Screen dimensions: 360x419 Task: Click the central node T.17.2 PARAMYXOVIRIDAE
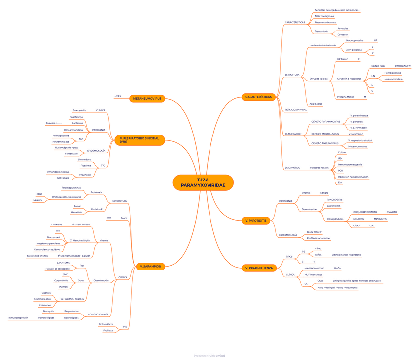[203, 182]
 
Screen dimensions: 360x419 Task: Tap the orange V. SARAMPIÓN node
[151, 266]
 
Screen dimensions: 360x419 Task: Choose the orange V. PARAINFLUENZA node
[258, 268]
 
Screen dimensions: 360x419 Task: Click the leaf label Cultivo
[342, 152]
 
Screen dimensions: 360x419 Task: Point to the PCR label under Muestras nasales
[341, 170]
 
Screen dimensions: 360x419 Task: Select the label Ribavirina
[85, 165]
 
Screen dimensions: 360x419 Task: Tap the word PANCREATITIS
[335, 200]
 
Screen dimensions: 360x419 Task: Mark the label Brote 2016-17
[314, 232]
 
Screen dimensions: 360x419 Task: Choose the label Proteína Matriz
[345, 97]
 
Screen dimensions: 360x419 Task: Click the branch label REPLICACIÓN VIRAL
[296, 109]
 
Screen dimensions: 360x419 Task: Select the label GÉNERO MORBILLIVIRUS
[325, 134]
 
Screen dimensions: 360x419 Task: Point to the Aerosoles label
[343, 29]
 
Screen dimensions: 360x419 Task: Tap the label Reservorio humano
[326, 22]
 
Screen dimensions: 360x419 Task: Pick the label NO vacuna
[63, 177]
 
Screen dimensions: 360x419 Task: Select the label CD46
[40, 194]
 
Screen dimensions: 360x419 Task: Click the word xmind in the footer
[220, 355]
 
